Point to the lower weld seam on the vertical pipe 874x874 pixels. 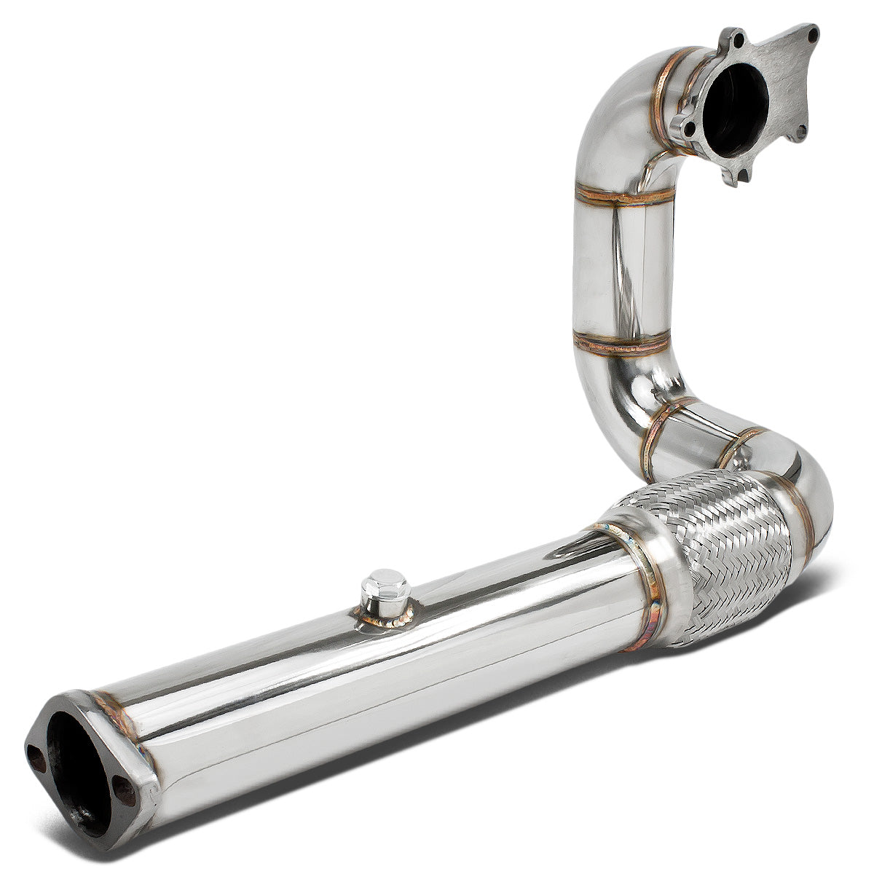(621, 343)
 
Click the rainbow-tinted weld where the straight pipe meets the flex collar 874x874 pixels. (650, 583)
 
